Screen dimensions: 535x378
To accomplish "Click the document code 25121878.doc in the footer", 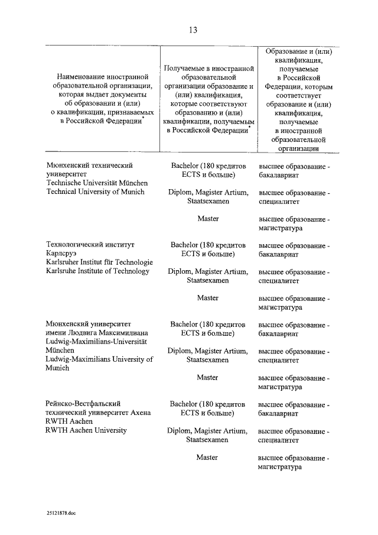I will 62,514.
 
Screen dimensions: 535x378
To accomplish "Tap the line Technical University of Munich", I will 95,192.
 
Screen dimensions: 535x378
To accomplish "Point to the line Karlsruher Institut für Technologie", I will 99,262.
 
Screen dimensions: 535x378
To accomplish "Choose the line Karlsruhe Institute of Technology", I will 97,271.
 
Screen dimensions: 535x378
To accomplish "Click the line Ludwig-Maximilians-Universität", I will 96,342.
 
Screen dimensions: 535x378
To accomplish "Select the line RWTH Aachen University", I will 86,430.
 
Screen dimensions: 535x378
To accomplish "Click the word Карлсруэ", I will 60,254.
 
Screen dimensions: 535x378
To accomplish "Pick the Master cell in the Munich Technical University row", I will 207,219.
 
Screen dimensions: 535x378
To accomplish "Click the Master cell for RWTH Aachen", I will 207,458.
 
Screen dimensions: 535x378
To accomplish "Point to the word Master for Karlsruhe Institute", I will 207,298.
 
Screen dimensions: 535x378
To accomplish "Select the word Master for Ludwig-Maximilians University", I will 207,377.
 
